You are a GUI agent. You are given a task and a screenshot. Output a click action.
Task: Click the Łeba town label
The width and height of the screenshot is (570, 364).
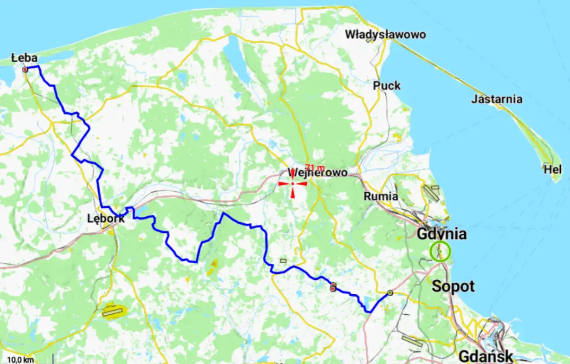click(24, 58)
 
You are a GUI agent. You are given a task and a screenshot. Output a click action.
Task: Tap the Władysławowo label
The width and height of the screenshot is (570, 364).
click(385, 34)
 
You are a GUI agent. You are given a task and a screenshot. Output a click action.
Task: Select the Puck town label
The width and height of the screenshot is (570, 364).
click(387, 85)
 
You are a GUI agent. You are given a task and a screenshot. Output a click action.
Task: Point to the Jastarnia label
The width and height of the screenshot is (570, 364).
click(497, 99)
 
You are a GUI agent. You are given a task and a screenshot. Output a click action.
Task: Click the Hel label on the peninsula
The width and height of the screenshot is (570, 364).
click(553, 169)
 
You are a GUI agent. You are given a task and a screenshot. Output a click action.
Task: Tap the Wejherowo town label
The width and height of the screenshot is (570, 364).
click(318, 173)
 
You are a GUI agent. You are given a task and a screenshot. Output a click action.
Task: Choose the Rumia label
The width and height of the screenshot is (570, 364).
click(381, 196)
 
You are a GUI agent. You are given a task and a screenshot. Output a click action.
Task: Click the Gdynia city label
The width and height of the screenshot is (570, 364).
click(442, 234)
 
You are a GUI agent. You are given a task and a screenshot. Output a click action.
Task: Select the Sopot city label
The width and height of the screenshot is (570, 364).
click(453, 286)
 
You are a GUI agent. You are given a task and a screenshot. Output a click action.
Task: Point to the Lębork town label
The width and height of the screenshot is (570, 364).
click(106, 219)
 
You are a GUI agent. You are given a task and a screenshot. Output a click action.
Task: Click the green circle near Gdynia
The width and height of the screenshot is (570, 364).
click(440, 251)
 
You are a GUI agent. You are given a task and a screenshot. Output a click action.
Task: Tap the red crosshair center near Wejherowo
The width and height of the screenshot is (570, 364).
click(293, 183)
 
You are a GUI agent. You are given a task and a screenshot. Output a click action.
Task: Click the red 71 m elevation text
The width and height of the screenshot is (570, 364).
click(315, 167)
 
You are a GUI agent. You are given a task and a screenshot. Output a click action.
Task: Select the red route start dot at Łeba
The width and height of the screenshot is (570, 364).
click(25, 69)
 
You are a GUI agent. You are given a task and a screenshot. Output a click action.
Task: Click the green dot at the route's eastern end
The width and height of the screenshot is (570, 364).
click(390, 292)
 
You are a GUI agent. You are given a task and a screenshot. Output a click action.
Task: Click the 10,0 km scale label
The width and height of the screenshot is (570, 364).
click(20, 360)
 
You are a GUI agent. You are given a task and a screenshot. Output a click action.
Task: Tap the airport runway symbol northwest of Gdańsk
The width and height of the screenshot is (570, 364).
click(412, 340)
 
